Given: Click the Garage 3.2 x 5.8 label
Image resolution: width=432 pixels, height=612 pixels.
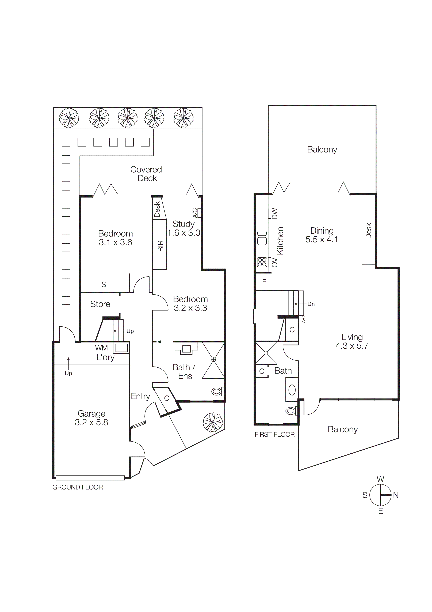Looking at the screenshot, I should pos(91,418).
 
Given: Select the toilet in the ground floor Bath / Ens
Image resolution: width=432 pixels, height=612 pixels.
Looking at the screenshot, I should pos(217,391).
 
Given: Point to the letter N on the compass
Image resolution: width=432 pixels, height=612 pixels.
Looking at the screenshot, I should pos(396,495).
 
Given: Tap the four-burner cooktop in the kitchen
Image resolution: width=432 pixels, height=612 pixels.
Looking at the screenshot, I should pos(262,262).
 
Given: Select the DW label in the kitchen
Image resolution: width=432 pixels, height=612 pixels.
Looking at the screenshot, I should pos(275,214).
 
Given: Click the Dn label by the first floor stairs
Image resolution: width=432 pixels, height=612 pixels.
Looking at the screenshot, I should pos(311,304).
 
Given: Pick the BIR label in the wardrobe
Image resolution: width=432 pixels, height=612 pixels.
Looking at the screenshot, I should pos(160,246).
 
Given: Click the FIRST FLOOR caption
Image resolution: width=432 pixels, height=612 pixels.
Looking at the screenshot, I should pos(274,434).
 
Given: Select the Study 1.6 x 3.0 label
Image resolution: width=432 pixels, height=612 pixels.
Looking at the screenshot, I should pos(184,228).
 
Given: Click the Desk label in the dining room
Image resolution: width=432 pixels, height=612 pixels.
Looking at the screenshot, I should pos(368,231).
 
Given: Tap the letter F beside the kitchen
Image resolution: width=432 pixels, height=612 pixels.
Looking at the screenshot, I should pos(264,282).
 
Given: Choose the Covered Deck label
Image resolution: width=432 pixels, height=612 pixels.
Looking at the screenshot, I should pos(146,174).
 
